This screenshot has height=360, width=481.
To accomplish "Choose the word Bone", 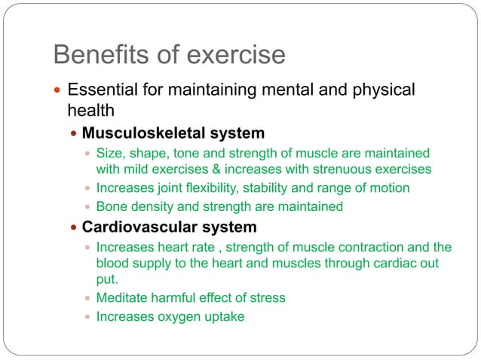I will tap(111, 206).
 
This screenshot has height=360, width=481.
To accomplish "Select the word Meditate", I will tap(123, 297).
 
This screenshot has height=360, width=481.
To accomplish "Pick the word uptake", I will tap(225, 317).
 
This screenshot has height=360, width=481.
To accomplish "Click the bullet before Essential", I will tap(59, 90).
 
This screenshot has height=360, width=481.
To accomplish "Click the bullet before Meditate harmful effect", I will tap(87, 298).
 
